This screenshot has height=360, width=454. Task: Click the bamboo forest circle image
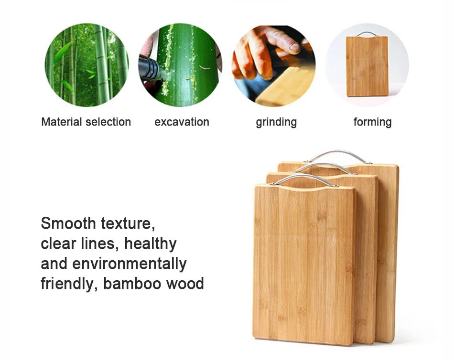pos(86,65)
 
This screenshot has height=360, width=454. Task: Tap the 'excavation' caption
pos(182,122)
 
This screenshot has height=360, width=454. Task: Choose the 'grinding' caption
pos(276,122)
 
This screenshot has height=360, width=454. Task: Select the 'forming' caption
pos(372,122)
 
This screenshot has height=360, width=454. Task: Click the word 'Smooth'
pos(68,223)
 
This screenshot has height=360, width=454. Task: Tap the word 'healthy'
pos(151,244)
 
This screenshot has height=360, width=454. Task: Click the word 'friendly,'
pos(69,284)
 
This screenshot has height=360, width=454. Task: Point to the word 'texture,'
pos(128,223)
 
